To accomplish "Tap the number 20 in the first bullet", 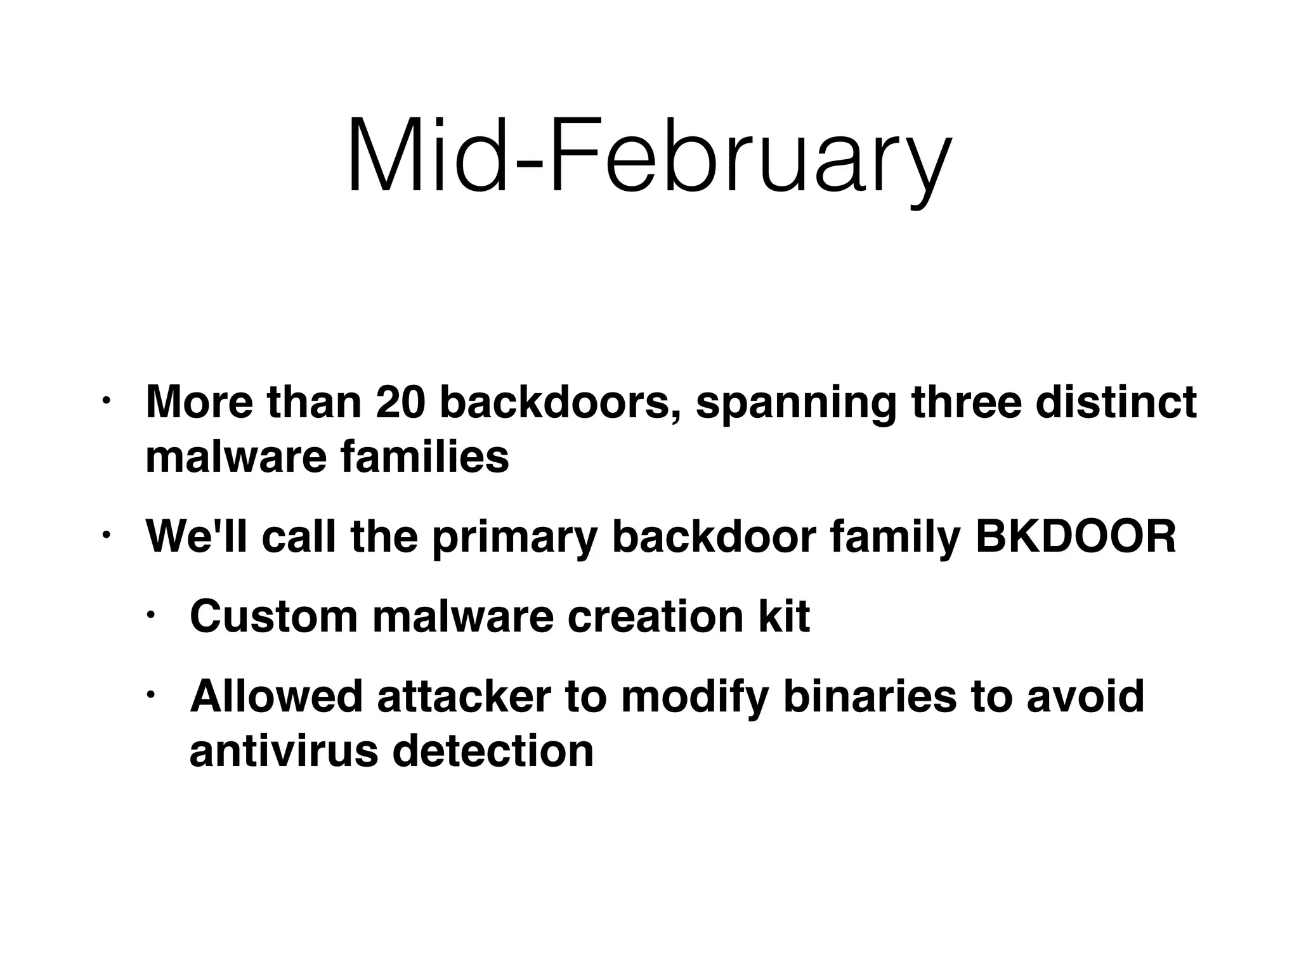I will click(400, 403).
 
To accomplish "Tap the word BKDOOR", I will click(1075, 536).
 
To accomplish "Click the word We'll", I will click(198, 536).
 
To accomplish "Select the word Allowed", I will click(277, 696).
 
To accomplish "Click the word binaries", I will click(869, 696).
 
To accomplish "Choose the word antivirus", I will click(285, 751).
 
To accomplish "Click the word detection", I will click(493, 751).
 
